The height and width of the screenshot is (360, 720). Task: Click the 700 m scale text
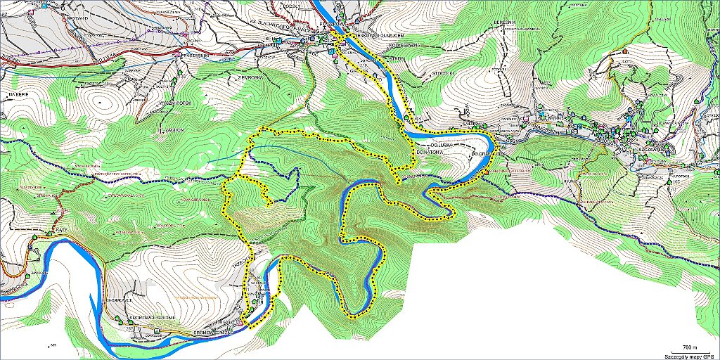(x=691, y=347)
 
